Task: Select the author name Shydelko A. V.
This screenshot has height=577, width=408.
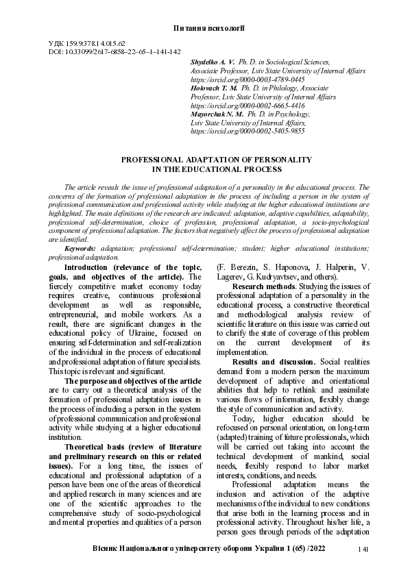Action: [211, 62]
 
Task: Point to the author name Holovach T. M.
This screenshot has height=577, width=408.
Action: [215, 88]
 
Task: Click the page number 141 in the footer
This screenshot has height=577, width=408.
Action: [365, 550]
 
